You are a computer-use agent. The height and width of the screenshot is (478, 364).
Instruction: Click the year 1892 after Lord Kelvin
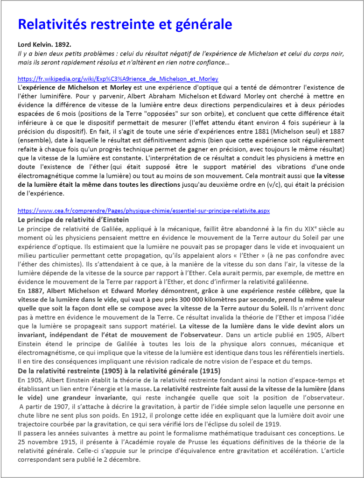(63, 45)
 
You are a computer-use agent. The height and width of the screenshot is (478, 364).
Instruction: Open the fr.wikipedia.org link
(118, 79)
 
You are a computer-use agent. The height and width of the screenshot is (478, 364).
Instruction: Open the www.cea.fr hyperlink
(144, 211)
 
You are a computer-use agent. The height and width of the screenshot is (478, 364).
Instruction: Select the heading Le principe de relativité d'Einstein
(73, 219)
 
